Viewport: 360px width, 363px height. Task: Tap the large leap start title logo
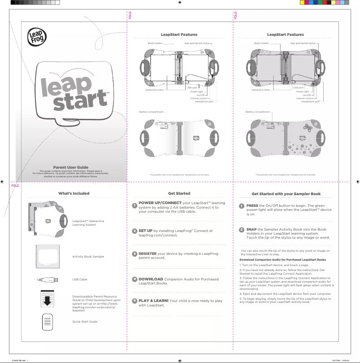click(74, 92)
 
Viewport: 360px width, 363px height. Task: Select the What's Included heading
click(74, 193)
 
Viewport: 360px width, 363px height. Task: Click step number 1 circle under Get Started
click(134, 206)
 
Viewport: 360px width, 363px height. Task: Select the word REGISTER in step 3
click(147, 254)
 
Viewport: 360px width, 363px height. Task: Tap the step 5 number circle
click(134, 301)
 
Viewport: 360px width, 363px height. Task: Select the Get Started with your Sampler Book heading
click(286, 194)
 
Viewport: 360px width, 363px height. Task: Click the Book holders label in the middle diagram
click(155, 44)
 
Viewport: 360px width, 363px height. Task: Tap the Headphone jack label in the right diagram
click(310, 101)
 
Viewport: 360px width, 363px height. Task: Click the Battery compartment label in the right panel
click(257, 112)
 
